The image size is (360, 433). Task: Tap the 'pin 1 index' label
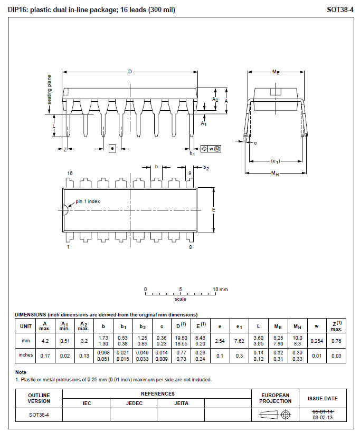88,201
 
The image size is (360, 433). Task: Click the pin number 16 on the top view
70,173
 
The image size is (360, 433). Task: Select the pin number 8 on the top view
190,246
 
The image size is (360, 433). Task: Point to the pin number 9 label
190,173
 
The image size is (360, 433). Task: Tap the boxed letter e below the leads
112,148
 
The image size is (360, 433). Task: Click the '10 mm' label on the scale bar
220,290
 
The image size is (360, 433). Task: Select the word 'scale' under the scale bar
180,299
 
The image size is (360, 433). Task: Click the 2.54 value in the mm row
220,341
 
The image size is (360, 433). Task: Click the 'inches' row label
25,355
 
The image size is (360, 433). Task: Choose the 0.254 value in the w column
316,341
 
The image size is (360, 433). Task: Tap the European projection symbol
275,415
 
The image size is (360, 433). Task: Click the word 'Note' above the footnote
21,372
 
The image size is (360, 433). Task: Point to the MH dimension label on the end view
275,174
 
